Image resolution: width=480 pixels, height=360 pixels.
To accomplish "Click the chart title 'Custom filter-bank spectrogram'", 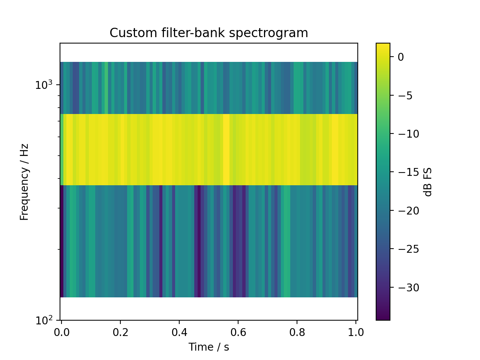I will (208, 33).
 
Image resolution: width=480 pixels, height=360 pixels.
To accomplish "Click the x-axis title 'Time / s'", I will (208, 347).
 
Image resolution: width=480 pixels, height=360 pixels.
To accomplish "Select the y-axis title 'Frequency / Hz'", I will (24, 182).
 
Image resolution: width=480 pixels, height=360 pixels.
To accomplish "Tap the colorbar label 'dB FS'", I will (428, 182).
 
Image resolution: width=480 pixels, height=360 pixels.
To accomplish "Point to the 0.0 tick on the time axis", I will (61, 332).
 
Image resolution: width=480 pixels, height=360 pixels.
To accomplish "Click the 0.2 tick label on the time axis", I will (120, 332).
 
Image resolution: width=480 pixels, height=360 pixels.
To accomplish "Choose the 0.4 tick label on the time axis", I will (179, 332).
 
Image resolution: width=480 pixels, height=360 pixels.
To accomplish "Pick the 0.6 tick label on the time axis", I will (238, 332).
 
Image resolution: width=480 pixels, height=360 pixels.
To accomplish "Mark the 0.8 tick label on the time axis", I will (297, 332).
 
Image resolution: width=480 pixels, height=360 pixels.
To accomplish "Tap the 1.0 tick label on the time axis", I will (356, 332).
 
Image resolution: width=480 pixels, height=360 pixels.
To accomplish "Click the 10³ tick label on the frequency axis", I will (42, 85).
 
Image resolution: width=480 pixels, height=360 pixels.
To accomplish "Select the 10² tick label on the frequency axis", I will (42, 321).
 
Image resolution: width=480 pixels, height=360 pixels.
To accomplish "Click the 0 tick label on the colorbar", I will (400, 57).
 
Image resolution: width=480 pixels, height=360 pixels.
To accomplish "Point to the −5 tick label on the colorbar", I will (405, 96).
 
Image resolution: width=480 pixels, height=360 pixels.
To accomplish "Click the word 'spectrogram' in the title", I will (268, 33).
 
